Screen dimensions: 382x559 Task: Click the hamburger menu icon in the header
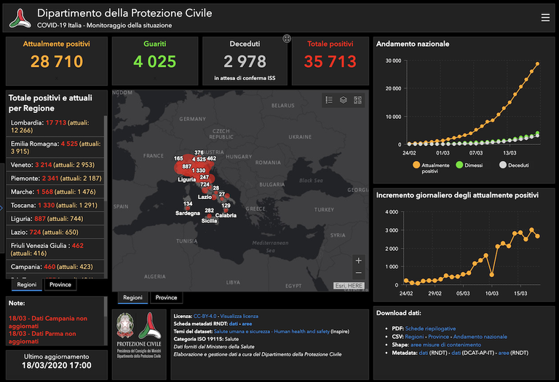[545, 17]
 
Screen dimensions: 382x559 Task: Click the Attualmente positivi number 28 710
[57, 62]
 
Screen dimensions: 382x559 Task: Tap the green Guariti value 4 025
[154, 62]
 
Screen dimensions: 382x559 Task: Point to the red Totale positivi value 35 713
[330, 62]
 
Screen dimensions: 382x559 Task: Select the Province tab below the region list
[61, 284]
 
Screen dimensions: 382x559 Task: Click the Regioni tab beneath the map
[132, 297]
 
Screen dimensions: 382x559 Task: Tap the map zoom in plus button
[357, 260]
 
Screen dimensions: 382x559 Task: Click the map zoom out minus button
[357, 273]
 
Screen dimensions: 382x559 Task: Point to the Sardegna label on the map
[188, 213]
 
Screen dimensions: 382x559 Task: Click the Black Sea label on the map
[309, 181]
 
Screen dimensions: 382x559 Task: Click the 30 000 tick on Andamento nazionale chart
[392, 61]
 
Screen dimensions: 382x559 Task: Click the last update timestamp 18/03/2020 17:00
[56, 365]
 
